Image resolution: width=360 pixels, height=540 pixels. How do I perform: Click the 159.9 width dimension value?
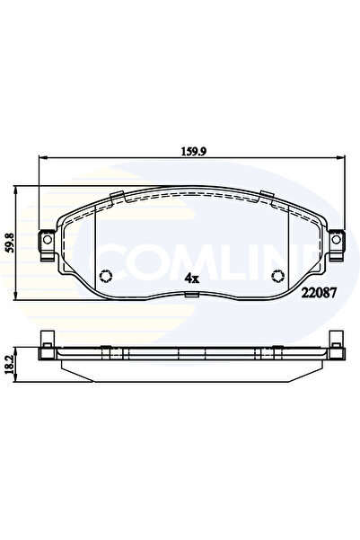tap(189, 152)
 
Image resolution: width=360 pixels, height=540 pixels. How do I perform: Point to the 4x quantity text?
tap(190, 279)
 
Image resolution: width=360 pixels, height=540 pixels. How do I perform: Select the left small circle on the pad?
tap(104, 277)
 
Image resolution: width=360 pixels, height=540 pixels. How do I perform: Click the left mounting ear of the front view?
tap(43, 242)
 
